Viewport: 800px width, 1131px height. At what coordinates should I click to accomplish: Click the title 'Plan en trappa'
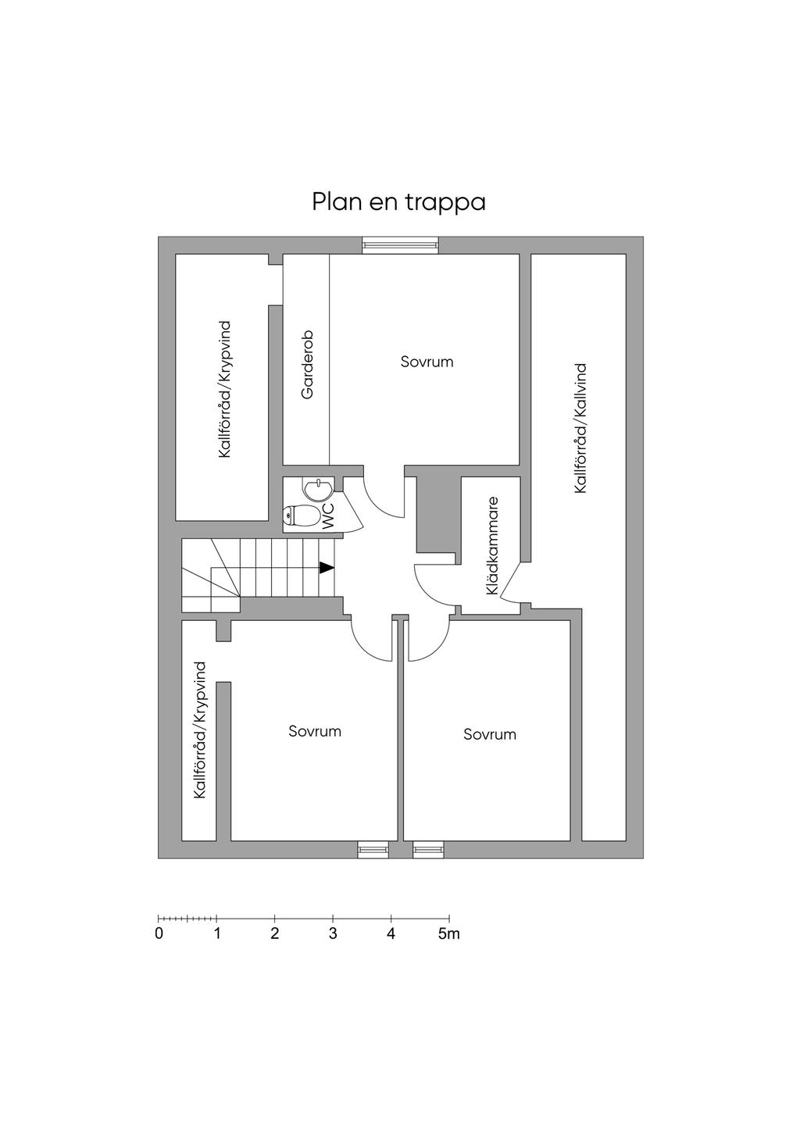point(398,202)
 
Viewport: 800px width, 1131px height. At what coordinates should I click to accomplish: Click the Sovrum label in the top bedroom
point(427,362)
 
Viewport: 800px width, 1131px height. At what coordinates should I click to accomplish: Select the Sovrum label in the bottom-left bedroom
point(315,731)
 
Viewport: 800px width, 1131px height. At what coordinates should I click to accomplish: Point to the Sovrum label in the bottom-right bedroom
point(490,734)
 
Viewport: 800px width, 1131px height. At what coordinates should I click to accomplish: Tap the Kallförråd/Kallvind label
point(580,427)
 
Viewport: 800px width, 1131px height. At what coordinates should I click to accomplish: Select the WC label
point(328,516)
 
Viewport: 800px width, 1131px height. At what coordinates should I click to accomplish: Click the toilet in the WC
point(302,516)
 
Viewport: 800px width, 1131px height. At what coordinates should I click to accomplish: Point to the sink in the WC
point(319,491)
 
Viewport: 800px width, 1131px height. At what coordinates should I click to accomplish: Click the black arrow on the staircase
point(327,568)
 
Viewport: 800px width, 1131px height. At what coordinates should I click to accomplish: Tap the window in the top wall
point(401,245)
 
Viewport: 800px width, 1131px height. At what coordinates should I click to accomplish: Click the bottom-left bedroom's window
point(373,849)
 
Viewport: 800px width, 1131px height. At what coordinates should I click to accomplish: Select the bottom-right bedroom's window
point(428,849)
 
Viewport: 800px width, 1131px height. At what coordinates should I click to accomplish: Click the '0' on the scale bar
point(159,933)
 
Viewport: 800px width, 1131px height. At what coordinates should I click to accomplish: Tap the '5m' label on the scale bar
point(449,933)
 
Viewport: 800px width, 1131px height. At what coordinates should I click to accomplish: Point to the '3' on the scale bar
point(333,933)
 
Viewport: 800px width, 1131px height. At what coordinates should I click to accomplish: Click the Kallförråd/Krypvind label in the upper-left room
point(226,388)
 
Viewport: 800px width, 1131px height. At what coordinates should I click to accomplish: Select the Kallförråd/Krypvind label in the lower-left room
point(201,730)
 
